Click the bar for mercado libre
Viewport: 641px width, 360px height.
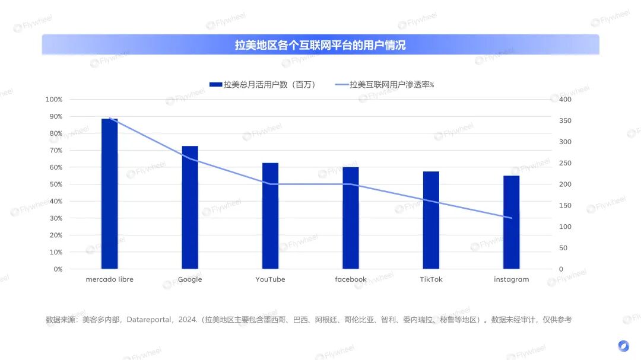(110, 194)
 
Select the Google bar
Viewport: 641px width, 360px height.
(190, 208)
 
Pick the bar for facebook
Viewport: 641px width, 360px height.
(351, 218)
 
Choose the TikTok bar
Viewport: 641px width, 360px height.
(431, 220)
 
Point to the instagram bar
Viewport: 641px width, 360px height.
(512, 222)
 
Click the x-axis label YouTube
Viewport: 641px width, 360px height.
(270, 279)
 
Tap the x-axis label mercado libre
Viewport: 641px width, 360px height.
(110, 279)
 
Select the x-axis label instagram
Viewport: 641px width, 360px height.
(511, 279)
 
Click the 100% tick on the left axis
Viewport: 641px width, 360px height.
(53, 99)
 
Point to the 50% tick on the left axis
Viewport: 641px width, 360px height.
(55, 184)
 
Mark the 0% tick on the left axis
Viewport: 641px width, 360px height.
(57, 269)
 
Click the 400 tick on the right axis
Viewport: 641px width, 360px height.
(566, 99)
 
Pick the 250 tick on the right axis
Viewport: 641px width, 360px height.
(566, 163)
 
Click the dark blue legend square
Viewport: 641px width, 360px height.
(215, 85)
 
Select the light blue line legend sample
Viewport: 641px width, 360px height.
(341, 85)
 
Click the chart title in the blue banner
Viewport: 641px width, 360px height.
(320, 45)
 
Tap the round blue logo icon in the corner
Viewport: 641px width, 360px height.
(623, 346)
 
